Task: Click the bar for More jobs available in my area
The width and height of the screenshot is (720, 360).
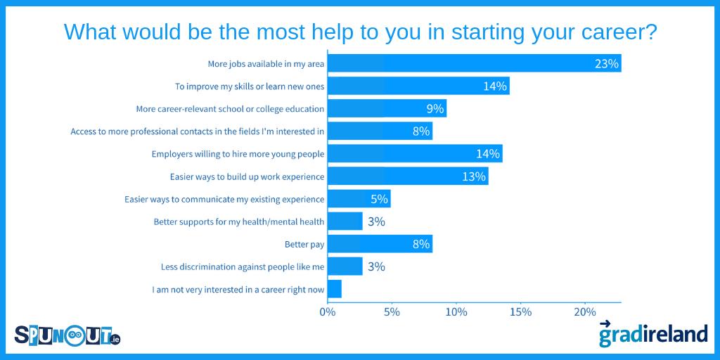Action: [x=475, y=63]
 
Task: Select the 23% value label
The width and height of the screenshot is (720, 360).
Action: [x=606, y=64]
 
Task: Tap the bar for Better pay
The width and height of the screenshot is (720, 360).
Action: [x=380, y=244]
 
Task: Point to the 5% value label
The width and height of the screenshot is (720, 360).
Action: [x=379, y=199]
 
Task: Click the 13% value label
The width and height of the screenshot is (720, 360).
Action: [x=474, y=176]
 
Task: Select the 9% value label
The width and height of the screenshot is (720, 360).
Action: [x=435, y=109]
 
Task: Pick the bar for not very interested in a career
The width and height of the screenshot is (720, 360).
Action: [x=335, y=289]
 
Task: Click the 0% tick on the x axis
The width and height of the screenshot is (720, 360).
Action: [x=328, y=311]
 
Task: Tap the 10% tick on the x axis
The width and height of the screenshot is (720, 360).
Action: [x=456, y=311]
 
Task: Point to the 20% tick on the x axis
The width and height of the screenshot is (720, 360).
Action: [x=585, y=311]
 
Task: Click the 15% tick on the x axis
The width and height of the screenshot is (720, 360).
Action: [x=520, y=311]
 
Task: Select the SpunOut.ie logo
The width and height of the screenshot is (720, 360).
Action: [x=67, y=335]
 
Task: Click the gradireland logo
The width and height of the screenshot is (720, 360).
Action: [x=652, y=333]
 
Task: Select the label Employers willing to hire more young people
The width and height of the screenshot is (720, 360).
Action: [x=238, y=154]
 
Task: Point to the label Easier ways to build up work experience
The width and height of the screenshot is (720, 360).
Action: [x=247, y=176]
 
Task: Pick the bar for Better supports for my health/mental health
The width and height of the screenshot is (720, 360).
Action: [x=345, y=221]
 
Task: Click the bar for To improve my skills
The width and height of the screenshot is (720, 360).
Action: [x=418, y=86]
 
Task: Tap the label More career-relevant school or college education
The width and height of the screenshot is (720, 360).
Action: [x=229, y=109]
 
